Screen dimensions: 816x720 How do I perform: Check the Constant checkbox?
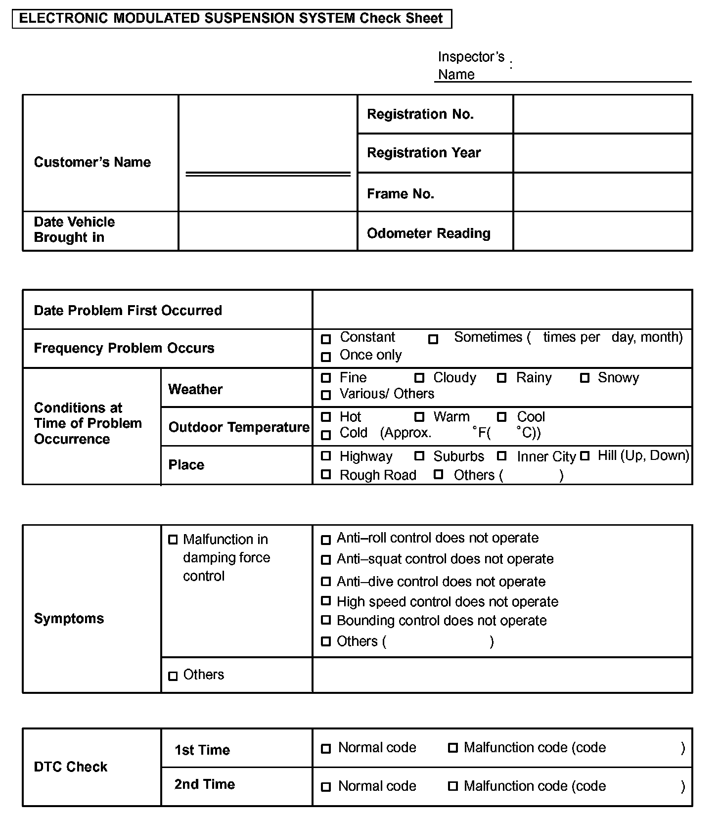point(326,339)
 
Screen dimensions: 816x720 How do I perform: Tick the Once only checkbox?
point(326,357)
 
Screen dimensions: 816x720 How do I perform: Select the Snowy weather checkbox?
point(585,378)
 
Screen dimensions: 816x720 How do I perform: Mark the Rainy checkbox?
point(501,378)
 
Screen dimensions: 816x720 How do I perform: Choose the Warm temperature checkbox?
point(419,417)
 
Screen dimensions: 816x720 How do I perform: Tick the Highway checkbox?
point(326,456)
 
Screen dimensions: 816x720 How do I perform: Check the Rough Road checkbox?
point(326,475)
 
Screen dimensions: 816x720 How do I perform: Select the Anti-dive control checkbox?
point(326,582)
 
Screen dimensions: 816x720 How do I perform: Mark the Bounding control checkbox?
point(326,620)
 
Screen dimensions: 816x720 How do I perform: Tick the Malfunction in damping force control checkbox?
point(173,540)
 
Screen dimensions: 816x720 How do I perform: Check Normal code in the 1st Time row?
point(326,749)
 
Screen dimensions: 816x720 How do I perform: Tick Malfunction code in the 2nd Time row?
point(452,786)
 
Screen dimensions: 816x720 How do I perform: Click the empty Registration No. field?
point(602,114)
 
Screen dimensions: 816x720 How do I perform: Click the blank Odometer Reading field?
point(602,231)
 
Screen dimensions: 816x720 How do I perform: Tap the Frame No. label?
point(401,194)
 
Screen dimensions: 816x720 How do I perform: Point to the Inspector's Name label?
point(471,65)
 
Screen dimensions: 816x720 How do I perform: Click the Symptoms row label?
point(69,619)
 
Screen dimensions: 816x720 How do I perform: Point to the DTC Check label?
point(71,767)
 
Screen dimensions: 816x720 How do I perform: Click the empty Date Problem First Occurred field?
point(502,310)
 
